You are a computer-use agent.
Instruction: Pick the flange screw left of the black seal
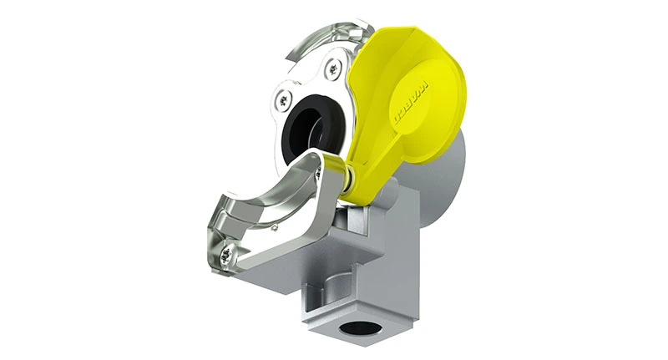point(282,101)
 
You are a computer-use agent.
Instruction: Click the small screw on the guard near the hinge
point(318,175)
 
